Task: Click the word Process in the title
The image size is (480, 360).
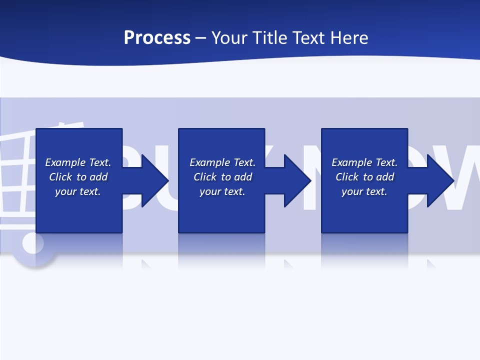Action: coord(157,38)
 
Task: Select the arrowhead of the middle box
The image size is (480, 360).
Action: coord(296,180)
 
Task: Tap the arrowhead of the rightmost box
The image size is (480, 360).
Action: coord(439,180)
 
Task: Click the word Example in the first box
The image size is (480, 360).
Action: coord(65,162)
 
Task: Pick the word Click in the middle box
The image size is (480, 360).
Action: coord(204,177)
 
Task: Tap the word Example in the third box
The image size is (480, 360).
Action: coord(352,162)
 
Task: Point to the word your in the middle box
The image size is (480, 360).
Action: coord(209,191)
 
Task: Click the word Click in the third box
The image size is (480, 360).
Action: coord(346,177)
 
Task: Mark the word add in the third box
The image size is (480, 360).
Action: coord(385,177)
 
